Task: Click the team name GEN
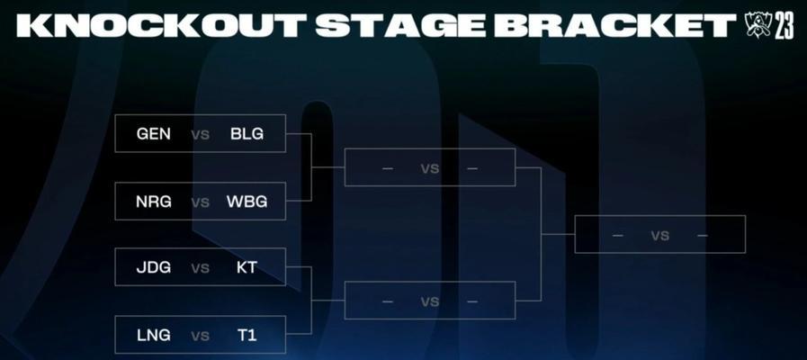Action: (x=153, y=134)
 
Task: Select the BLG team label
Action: (x=247, y=134)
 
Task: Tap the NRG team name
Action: (x=153, y=202)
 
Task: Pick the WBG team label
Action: (x=247, y=202)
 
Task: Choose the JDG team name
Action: (x=153, y=267)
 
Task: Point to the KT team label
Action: (x=247, y=267)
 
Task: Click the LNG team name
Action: (x=153, y=336)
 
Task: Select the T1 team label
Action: (x=247, y=336)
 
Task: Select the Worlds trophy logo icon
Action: (x=758, y=24)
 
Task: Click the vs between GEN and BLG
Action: (x=201, y=135)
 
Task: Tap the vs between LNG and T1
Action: (x=201, y=337)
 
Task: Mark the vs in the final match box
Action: (x=659, y=236)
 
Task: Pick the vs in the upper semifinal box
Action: (x=430, y=168)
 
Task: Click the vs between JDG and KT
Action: (x=201, y=268)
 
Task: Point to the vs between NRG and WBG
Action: (x=201, y=202)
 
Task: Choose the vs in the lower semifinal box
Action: (x=430, y=301)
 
